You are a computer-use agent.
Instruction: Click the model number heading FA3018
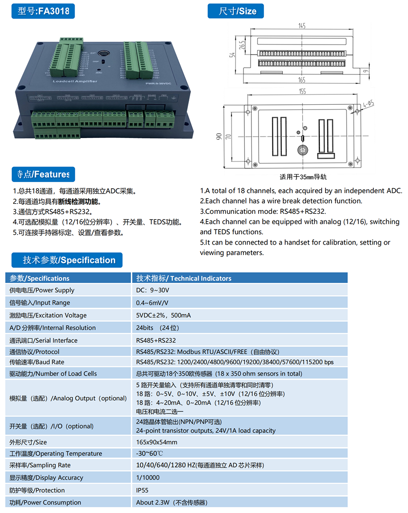[x=43, y=11]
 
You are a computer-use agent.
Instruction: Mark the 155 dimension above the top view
[x=302, y=92]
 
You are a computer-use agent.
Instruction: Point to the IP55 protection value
[x=143, y=490]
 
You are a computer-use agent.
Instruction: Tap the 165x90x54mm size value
[x=157, y=442]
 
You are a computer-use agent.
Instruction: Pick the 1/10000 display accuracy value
[x=148, y=477]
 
